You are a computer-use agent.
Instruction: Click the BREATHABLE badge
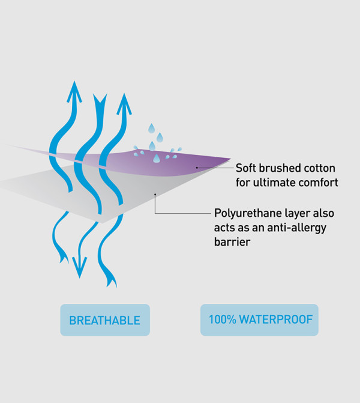105,320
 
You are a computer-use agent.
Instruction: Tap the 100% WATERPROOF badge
259,320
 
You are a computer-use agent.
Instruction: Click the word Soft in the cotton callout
246,168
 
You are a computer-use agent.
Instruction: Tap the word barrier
232,242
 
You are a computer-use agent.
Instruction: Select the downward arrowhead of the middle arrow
80,268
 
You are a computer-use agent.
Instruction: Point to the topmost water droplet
151,129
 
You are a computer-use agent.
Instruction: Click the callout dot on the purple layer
197,168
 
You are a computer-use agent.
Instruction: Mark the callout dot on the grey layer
155,195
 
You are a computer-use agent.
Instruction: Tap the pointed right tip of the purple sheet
230,159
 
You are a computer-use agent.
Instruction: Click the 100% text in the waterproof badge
223,320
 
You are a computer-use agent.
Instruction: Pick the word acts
224,228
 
